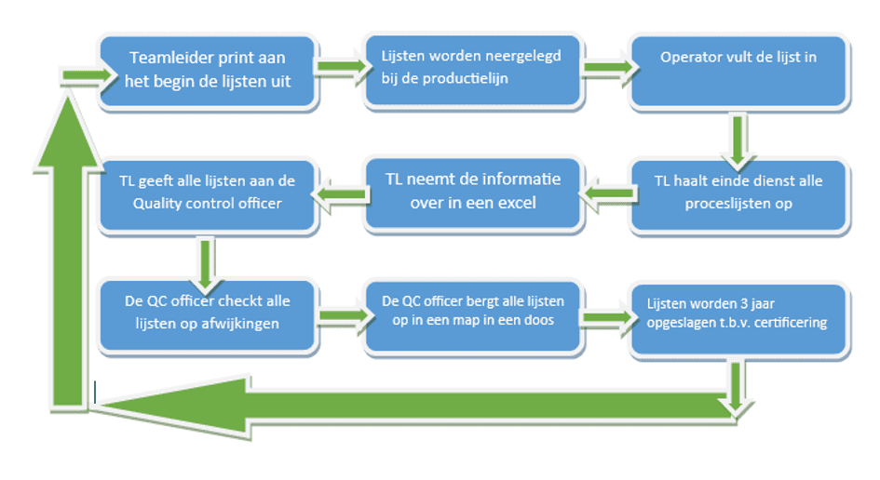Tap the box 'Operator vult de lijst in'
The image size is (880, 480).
[x=738, y=71]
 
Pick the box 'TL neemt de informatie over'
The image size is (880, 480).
[x=474, y=193]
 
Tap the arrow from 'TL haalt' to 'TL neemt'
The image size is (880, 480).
[x=605, y=193]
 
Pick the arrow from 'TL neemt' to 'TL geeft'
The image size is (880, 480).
[x=341, y=193]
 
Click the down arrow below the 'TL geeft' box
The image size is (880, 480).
[x=207, y=260]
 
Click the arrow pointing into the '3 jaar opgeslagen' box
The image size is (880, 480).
[x=605, y=318]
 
